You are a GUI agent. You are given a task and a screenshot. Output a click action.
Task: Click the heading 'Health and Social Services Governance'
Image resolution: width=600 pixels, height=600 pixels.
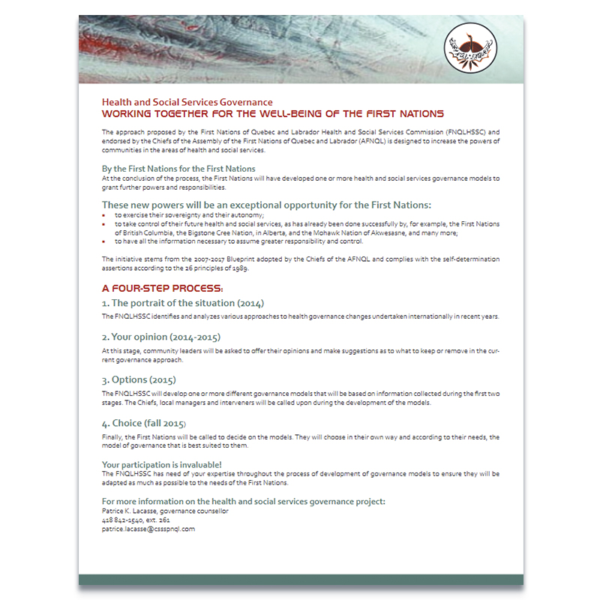[x=187, y=102]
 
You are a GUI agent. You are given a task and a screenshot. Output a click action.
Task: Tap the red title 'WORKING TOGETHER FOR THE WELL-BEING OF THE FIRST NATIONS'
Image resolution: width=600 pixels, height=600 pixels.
[x=272, y=113]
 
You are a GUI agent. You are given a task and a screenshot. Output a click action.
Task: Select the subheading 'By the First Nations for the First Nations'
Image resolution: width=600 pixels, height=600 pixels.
[x=178, y=169]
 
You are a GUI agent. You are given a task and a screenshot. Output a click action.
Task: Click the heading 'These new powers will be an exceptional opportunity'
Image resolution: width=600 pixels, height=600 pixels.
[x=266, y=204]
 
